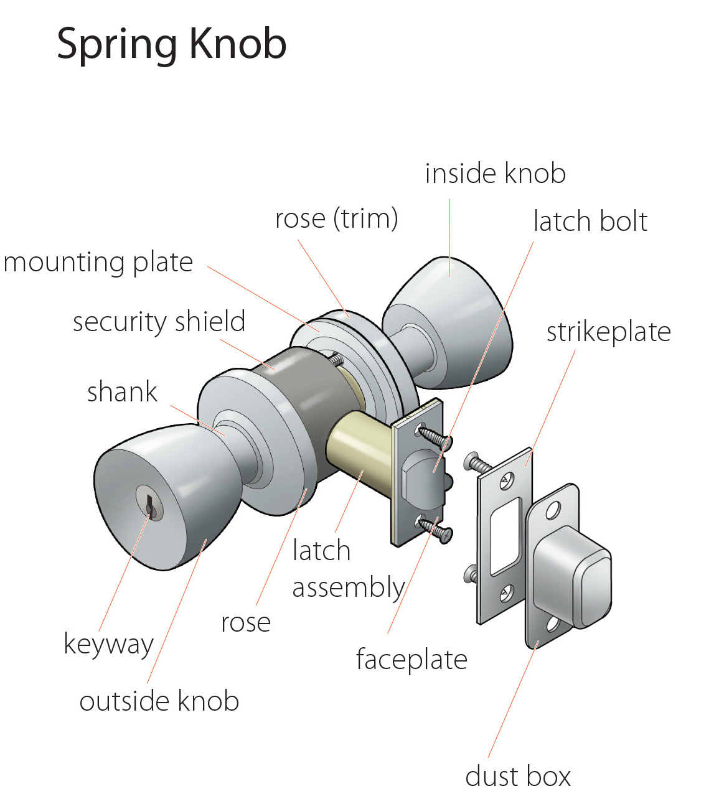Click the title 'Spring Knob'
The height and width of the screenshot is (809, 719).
point(171,44)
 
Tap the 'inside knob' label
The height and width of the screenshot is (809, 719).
point(495,174)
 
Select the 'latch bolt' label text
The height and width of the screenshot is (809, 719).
point(590,222)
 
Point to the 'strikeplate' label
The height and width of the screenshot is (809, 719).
point(608,332)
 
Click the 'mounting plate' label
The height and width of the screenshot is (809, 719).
point(98,263)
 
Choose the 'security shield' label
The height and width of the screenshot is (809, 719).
point(159,322)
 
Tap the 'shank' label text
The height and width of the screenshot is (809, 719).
point(122,392)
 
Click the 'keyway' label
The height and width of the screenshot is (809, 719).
point(108,644)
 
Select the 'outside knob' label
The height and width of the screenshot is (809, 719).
point(159,701)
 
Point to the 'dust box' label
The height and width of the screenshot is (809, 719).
point(517,777)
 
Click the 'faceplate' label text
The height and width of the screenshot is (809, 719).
point(411,660)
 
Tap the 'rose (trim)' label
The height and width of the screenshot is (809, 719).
point(336,219)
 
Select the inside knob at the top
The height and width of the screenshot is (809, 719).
point(454,324)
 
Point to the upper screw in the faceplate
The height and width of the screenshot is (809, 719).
point(436,436)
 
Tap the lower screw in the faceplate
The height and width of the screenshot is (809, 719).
point(437,530)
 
